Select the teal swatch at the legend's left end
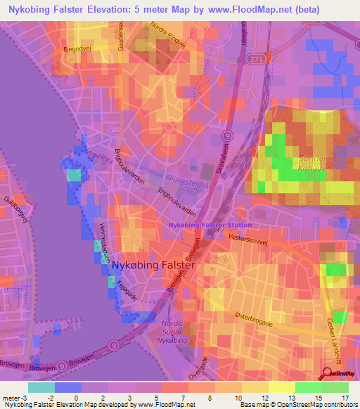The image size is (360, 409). pyautogui.click(x=41, y=387)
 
